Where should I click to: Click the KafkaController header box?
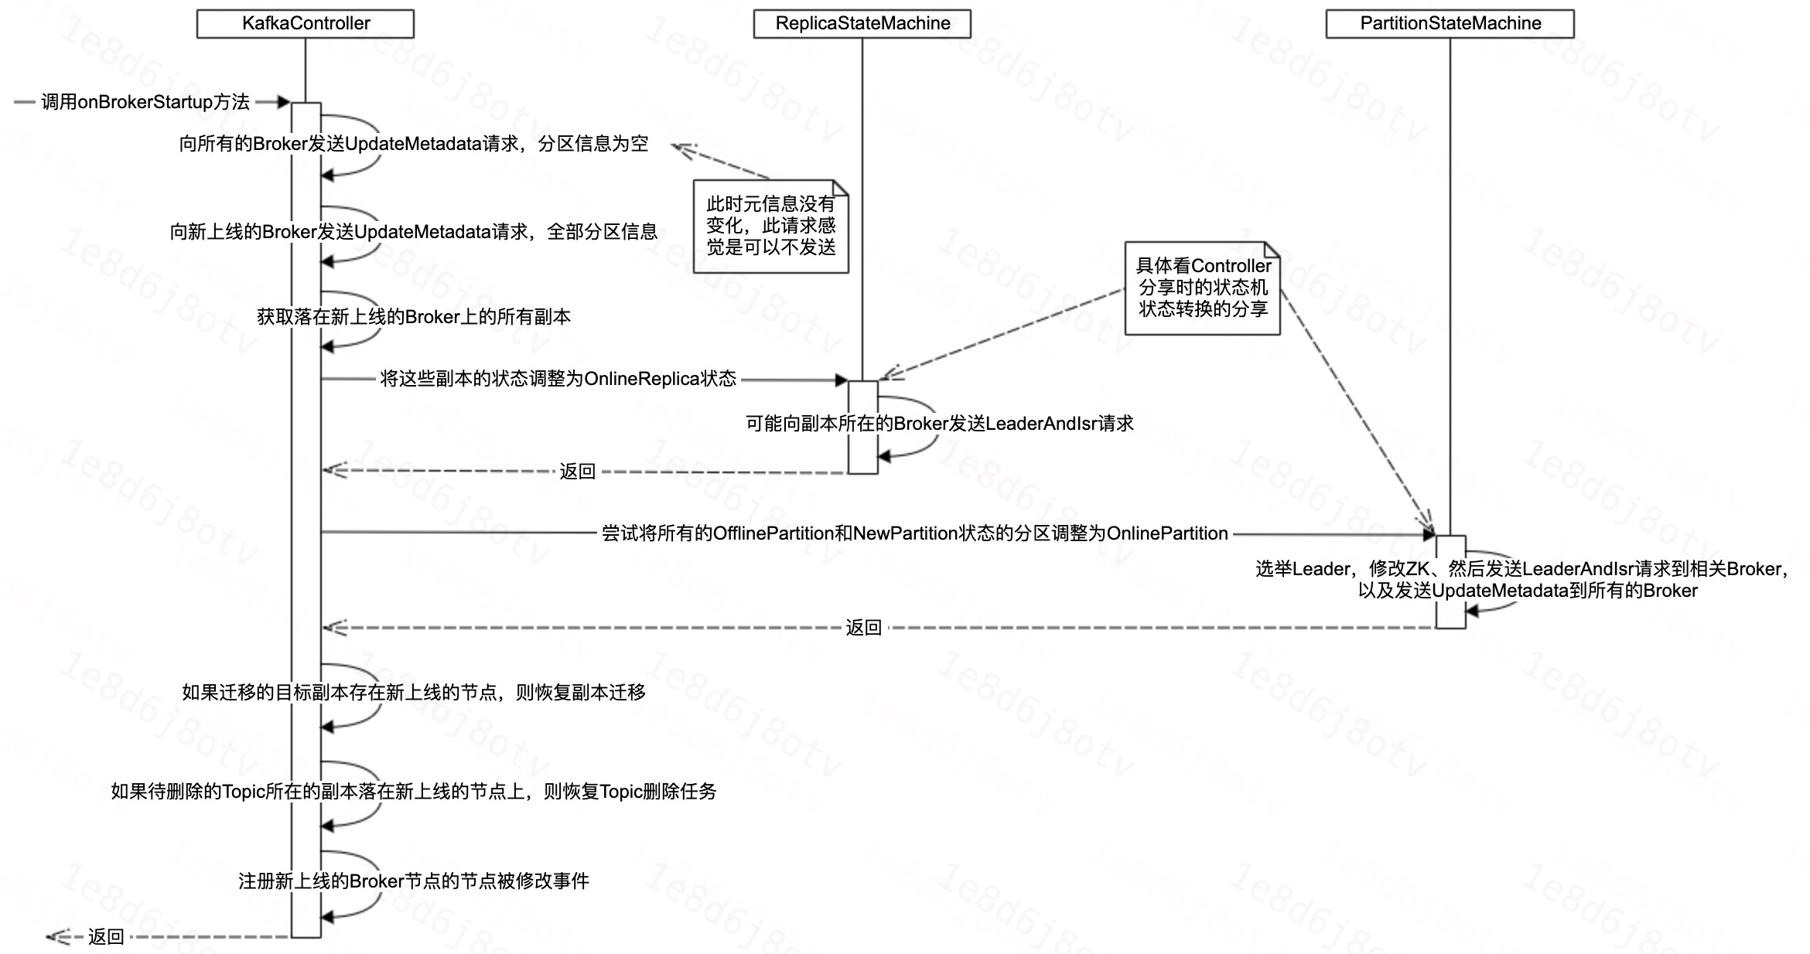pos(306,23)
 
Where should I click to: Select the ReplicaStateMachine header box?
pos(862,23)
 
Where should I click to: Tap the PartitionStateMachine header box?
pos(1450,23)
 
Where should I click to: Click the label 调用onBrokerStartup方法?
pos(145,102)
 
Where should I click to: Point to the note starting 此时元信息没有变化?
pos(770,226)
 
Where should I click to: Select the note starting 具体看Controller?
pos(1203,288)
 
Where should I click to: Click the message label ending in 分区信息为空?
pos(414,144)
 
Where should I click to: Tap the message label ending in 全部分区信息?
pos(414,232)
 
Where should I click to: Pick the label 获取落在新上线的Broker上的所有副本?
pos(414,317)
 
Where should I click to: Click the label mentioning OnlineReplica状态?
pos(558,379)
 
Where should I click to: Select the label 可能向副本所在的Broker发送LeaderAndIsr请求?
pos(939,424)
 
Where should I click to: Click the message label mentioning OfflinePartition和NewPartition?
pos(914,533)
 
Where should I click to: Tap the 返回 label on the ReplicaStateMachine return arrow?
pos(577,472)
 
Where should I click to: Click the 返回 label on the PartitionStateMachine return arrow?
pos(863,628)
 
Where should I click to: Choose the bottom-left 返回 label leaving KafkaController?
pos(106,937)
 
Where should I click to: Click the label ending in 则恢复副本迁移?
pos(414,693)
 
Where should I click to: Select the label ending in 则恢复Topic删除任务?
pos(414,792)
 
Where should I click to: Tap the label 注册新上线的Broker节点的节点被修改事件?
pos(414,881)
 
